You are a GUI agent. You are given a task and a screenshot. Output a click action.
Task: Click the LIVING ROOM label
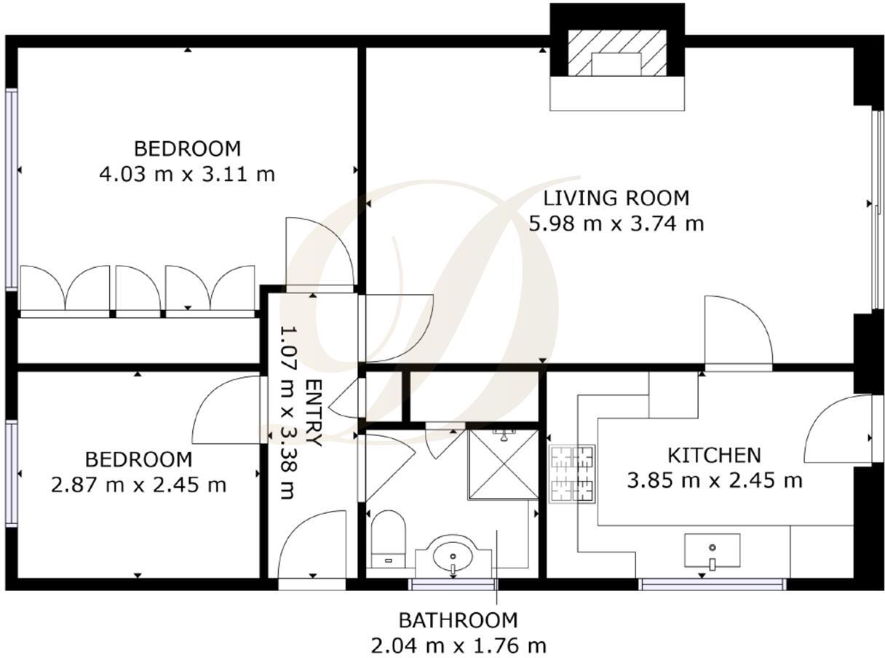[x=616, y=197]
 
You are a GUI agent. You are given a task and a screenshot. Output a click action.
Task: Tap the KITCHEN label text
[x=714, y=456]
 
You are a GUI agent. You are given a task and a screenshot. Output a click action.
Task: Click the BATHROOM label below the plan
[x=458, y=620]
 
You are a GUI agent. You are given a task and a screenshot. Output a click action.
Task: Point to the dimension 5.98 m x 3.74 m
[x=616, y=223]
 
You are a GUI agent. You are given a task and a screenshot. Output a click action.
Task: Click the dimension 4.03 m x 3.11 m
[x=186, y=175]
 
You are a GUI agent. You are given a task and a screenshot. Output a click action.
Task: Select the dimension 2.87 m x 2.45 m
[x=138, y=485]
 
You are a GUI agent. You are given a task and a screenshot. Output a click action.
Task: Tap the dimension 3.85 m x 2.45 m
[x=714, y=480]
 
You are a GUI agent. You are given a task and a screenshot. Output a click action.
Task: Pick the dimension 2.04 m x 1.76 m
[x=458, y=645]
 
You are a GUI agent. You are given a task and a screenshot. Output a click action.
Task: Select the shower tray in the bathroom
[x=503, y=464]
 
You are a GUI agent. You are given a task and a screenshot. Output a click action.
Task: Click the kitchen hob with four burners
[x=573, y=474]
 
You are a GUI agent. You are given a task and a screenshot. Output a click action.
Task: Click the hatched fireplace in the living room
[x=616, y=52]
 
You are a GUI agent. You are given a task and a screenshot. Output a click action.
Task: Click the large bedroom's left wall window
[x=11, y=189]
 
